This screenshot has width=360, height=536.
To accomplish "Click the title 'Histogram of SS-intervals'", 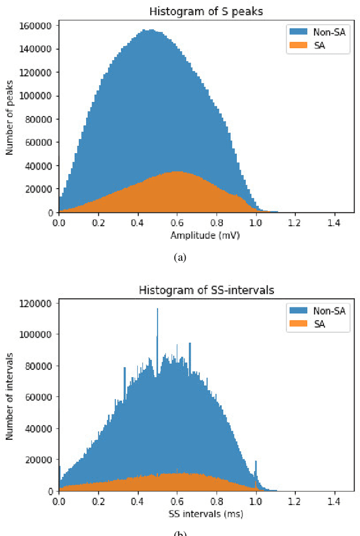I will tap(206, 289).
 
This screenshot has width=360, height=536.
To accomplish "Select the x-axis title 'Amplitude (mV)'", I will tap(206, 235).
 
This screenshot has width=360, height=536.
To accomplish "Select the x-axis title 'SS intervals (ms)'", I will tap(206, 513).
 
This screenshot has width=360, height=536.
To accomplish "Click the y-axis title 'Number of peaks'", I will tap(10, 119).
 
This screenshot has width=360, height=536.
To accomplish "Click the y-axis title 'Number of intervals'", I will tap(10, 397).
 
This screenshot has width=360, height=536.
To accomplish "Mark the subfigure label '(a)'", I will tap(180, 257).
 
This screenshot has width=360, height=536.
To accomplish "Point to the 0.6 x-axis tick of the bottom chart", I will tap(177, 501).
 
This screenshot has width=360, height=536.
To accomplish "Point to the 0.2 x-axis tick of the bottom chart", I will tap(98, 501).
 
